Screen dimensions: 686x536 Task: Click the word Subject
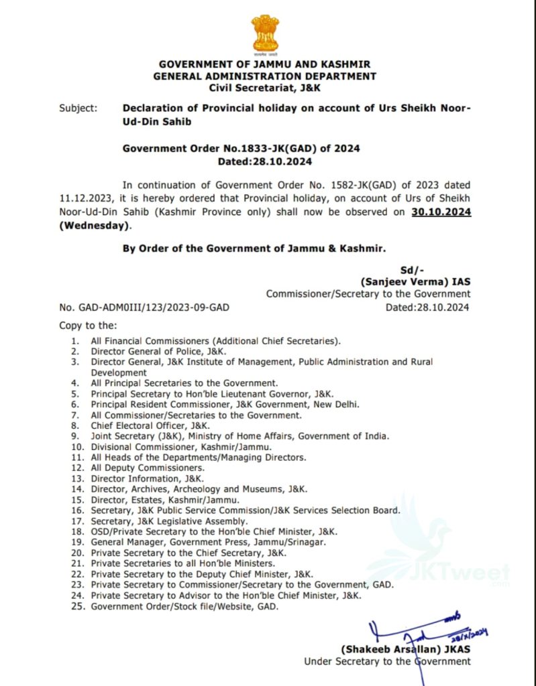point(77,108)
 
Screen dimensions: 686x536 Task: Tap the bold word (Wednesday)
point(93,226)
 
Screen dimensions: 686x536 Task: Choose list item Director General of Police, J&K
point(159,351)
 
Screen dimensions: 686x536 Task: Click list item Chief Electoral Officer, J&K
point(151,425)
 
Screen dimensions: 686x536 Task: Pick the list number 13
point(77,478)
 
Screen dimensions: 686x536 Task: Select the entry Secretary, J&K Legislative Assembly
point(170,521)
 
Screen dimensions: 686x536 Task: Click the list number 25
point(77,606)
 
